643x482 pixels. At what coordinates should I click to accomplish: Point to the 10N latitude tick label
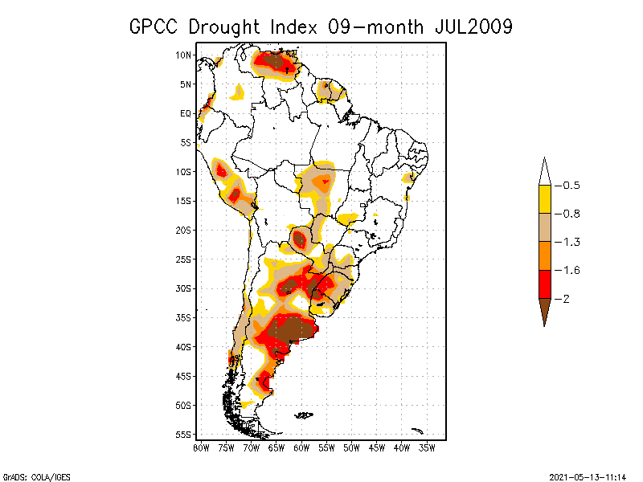click(184, 55)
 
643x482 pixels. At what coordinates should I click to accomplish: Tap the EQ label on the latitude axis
click(186, 114)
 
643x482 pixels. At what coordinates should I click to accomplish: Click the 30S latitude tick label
click(184, 288)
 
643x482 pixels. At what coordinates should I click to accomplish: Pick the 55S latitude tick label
click(184, 435)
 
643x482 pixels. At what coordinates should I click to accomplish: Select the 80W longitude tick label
click(201, 447)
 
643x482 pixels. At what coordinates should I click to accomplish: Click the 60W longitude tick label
click(301, 447)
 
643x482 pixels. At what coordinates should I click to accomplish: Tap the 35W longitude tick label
click(428, 447)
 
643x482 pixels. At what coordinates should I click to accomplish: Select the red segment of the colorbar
click(544, 284)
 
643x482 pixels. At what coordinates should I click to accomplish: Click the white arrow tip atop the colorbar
click(544, 172)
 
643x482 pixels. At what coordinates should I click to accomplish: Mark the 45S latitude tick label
click(184, 376)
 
